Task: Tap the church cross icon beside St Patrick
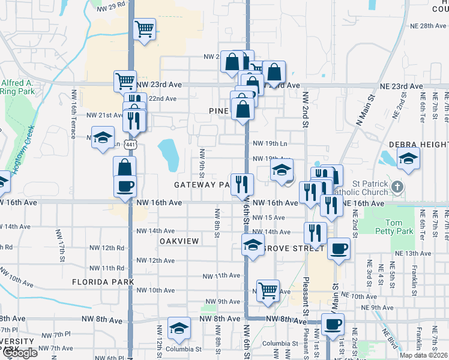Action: coord(397,188)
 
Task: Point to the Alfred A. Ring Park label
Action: coord(17,88)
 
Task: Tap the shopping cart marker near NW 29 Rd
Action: coord(145,29)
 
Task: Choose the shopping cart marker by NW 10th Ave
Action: coord(268,291)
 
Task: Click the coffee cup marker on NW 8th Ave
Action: coord(332,325)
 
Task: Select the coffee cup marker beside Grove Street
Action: coord(339,248)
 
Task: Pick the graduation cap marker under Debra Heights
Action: coord(408,159)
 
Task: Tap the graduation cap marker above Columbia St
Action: coord(178,328)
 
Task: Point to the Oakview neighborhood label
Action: coord(179,240)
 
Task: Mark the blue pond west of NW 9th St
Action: coord(169,154)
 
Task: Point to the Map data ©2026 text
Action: coord(424,355)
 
